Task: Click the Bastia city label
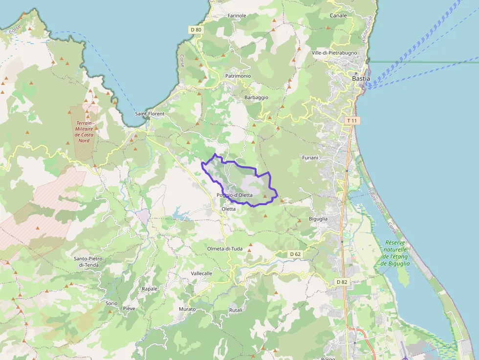(361, 78)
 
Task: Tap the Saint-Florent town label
(150, 114)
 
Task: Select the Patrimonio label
(238, 76)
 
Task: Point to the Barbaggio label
(256, 97)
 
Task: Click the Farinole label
(237, 16)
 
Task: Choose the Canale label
(338, 16)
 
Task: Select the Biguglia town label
(318, 219)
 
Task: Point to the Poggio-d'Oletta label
(235, 195)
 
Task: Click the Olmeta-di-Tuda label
(225, 249)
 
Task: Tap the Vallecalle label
(202, 274)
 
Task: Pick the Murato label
(187, 309)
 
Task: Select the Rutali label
(236, 310)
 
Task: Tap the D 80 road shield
(196, 30)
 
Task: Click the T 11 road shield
(351, 120)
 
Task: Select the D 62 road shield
(295, 254)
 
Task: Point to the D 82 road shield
(341, 282)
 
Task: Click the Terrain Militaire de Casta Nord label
(84, 132)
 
